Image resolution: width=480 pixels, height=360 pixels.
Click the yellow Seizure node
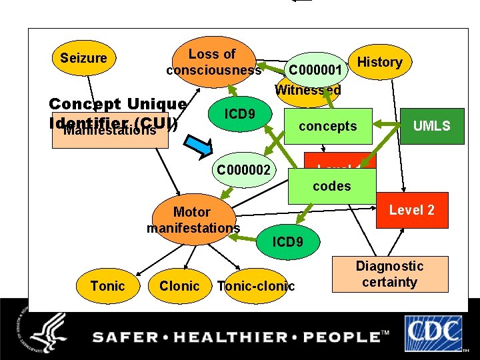pos(83,58)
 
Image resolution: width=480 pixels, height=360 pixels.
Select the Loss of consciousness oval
pos(213,62)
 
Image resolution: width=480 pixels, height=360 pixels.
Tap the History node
pos(379,62)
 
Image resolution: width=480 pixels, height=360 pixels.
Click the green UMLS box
pos(431,126)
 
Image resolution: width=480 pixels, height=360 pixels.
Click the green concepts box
pos(327,126)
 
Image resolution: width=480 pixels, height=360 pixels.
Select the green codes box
pos(331,186)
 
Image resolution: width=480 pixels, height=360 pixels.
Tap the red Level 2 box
pos(411,210)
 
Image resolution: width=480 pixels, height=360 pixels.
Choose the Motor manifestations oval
pos(193,219)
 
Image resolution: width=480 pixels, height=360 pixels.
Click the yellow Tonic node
pos(107,286)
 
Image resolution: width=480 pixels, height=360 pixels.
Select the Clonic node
pos(179,286)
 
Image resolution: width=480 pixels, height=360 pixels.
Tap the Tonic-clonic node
pos(256,286)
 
